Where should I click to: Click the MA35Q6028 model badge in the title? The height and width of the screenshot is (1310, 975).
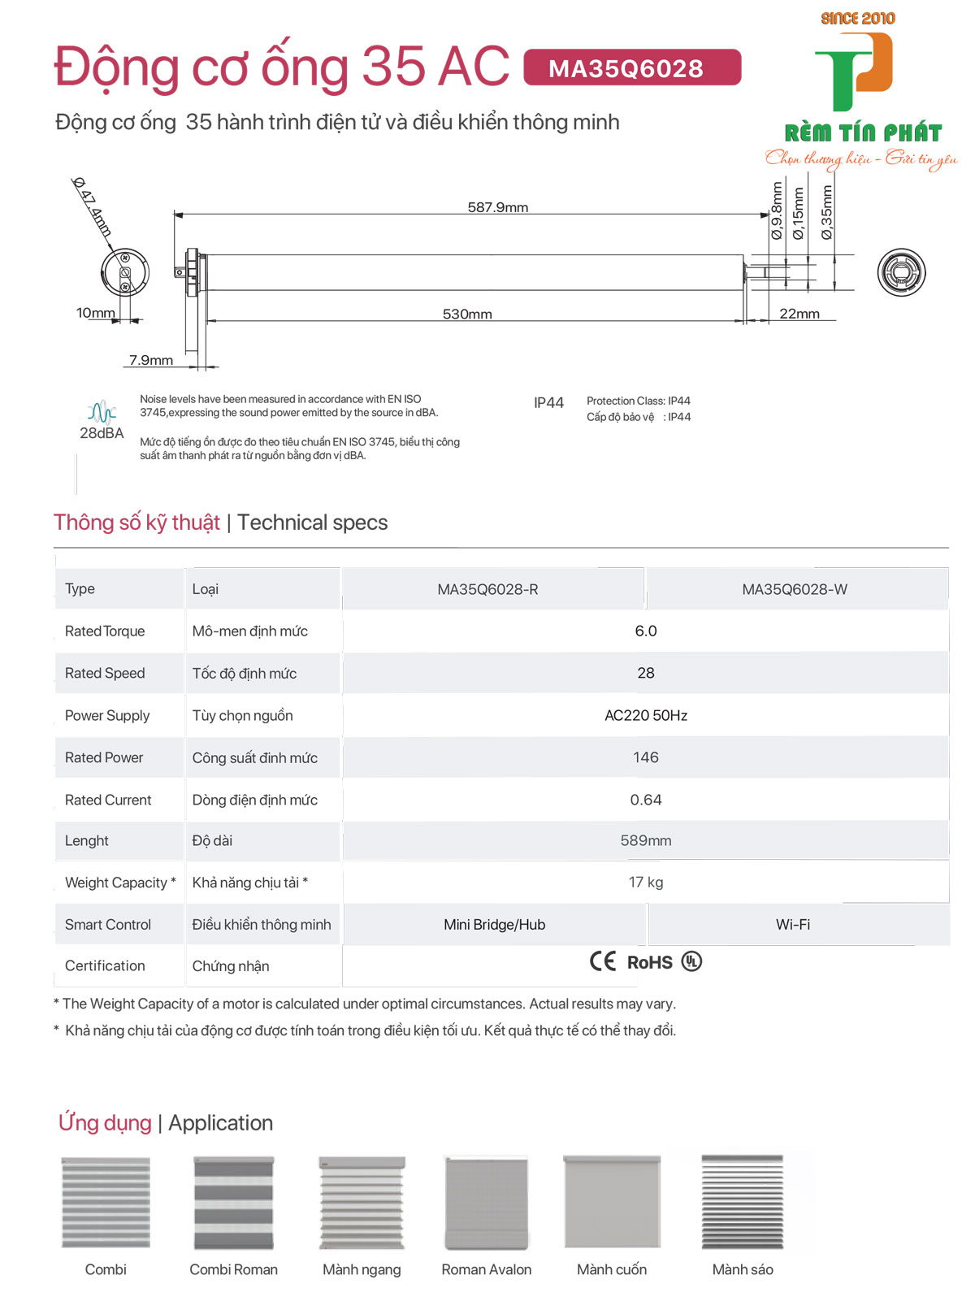coord(632,67)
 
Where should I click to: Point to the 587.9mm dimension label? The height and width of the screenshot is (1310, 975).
coord(497,207)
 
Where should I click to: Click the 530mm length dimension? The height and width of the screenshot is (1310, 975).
coord(467,314)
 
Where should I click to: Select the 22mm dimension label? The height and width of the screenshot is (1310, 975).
coord(799,314)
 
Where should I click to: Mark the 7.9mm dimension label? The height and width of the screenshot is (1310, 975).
coord(151,360)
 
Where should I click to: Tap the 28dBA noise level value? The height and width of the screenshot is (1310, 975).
coord(102,432)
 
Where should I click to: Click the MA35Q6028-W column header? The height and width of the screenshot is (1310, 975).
coord(795,589)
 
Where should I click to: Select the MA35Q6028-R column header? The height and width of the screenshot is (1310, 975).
coord(487,589)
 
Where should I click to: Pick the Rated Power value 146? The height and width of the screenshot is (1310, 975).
coord(646,757)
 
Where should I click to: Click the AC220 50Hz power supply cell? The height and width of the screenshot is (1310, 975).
coord(646,715)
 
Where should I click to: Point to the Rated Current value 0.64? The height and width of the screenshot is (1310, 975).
coord(646,800)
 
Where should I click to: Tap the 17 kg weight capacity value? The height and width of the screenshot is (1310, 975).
coord(646,882)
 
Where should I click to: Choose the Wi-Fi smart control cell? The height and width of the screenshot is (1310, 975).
coord(793,924)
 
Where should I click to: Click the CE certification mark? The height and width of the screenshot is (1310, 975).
coord(603,961)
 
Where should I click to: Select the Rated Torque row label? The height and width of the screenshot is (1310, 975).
coord(105,631)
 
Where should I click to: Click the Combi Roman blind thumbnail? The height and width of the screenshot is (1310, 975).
coord(234,1203)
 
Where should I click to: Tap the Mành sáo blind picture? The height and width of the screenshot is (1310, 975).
coord(743,1203)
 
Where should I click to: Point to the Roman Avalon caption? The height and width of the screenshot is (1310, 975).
coord(487,1269)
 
